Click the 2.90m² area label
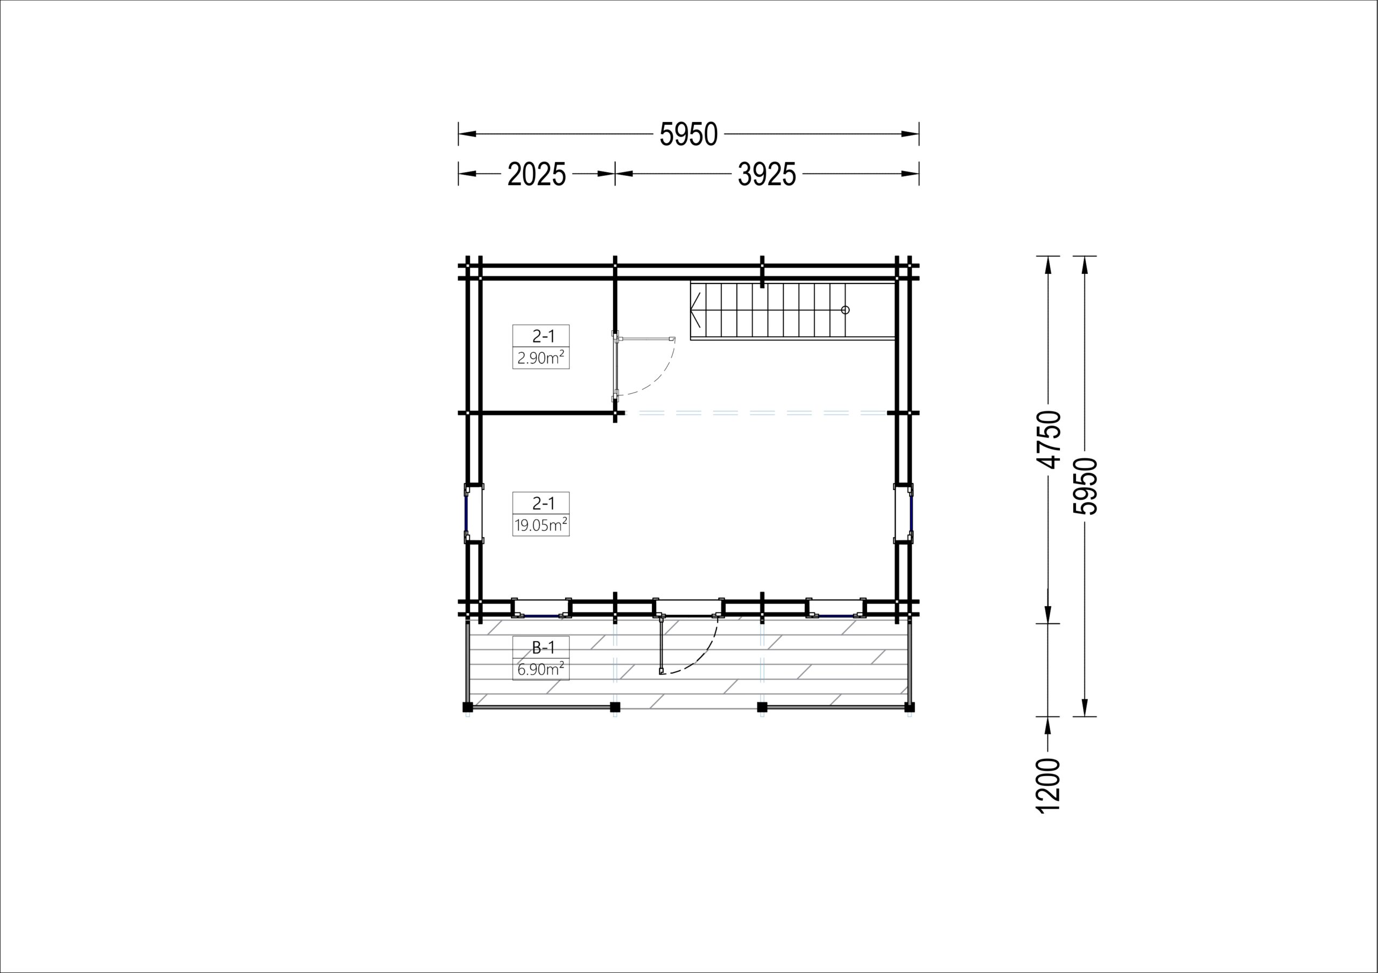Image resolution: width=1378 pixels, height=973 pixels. (x=541, y=358)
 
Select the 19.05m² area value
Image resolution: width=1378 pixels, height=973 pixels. (x=541, y=525)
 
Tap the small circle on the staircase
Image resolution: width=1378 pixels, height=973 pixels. (x=845, y=310)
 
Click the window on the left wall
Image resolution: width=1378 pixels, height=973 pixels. (x=467, y=514)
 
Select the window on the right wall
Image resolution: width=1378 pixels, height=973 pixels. (x=911, y=514)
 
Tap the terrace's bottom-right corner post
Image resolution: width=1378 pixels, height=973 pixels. (x=909, y=707)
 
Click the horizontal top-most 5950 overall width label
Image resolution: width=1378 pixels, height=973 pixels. (x=688, y=134)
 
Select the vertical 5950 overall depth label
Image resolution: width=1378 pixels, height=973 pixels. (x=1085, y=486)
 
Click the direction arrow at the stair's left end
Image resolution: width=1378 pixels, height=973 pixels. (x=695, y=310)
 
